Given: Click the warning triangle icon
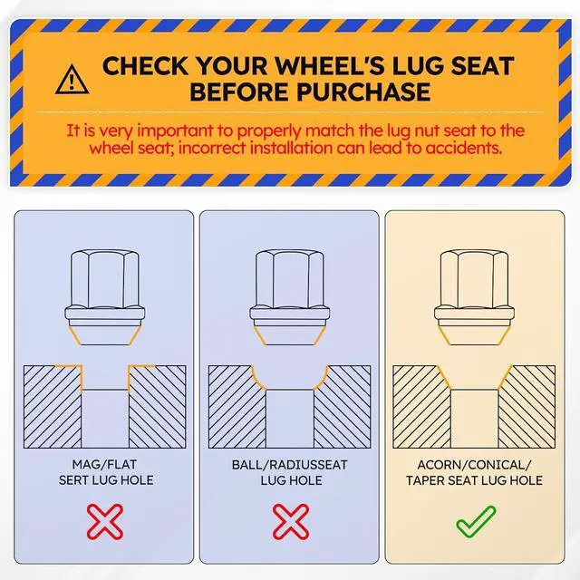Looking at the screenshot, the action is coord(72,80).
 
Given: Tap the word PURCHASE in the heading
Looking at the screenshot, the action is coord(363,92).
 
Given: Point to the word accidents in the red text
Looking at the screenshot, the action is coord(463,148).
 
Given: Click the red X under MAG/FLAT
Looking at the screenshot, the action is coord(105,522).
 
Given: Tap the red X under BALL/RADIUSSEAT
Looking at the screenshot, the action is coord(291,522).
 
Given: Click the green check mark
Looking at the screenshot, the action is coord(476,521).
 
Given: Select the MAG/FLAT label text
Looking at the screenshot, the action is coord(104,464).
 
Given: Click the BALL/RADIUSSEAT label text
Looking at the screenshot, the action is coord(290,465).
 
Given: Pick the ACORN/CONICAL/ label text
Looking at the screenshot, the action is coord(474,465).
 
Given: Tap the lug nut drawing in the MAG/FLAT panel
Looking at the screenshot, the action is coord(105,298).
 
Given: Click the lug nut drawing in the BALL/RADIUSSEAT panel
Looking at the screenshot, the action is coord(290,298).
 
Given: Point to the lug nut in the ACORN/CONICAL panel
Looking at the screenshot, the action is coord(475,298).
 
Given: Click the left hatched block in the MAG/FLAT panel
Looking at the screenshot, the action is coord(53,407).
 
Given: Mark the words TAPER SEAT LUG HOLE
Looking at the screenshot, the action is coord(474,480).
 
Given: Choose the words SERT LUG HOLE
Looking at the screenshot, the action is coord(106,480).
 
